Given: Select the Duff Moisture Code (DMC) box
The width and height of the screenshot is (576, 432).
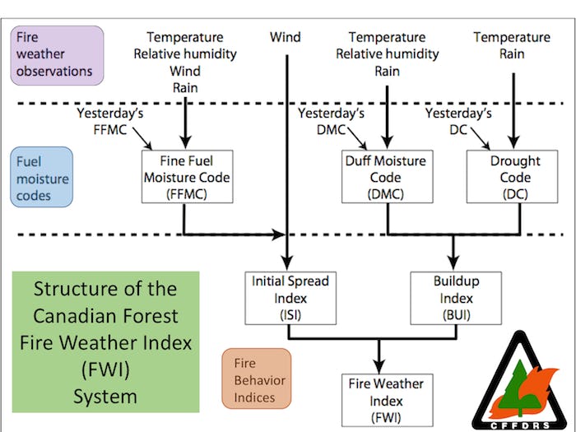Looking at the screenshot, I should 387,177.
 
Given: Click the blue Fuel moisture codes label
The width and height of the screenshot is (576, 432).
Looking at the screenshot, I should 42,177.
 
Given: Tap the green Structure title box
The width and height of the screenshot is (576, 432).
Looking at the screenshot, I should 106,341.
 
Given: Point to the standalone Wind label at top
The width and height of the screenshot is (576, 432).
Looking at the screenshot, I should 285,37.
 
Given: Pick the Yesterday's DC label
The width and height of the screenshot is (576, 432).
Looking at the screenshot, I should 458,120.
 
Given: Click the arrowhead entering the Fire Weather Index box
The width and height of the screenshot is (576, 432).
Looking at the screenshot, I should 379,367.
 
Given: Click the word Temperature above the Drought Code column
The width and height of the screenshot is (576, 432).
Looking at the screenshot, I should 512,37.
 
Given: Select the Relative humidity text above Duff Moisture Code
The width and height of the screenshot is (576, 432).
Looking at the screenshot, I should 387,54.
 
